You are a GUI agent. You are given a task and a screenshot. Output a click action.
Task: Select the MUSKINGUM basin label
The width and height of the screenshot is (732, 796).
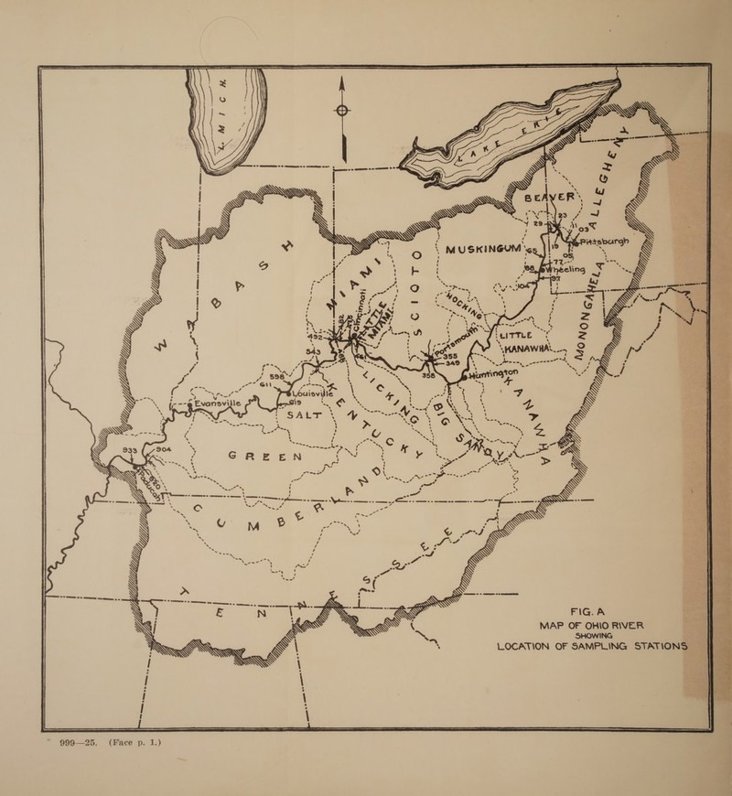pyautogui.click(x=482, y=250)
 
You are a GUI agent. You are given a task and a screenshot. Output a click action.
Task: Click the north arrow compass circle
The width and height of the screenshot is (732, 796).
pyautogui.click(x=342, y=112)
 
